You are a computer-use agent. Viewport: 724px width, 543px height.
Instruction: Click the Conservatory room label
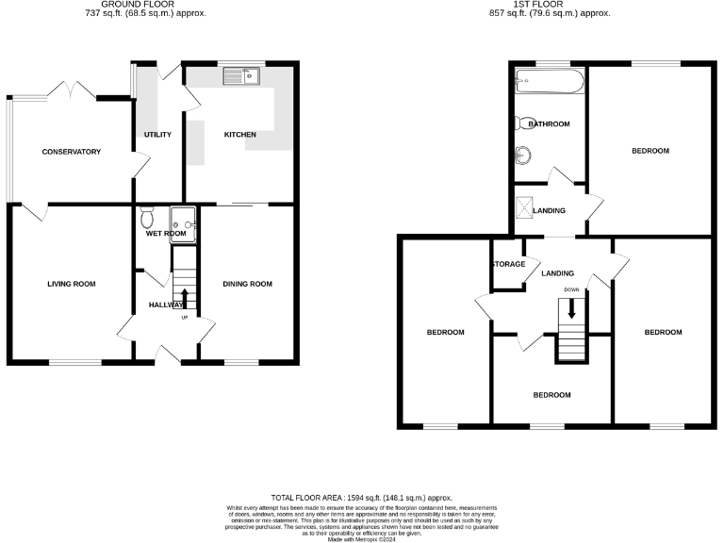pyautogui.click(x=71, y=152)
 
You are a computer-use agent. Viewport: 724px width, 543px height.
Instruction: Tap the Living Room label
pyautogui.click(x=72, y=284)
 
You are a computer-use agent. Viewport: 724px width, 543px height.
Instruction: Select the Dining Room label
pyautogui.click(x=247, y=284)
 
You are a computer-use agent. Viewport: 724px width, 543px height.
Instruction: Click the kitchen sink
pyautogui.click(x=243, y=75)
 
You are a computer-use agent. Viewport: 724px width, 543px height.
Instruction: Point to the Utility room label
pyautogui.click(x=157, y=135)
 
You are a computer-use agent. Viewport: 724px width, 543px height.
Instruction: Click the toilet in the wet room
pyautogui.click(x=147, y=219)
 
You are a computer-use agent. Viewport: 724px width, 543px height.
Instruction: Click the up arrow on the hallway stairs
pyautogui.click(x=184, y=298)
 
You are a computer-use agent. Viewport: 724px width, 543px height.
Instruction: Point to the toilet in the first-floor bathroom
pyautogui.click(x=522, y=123)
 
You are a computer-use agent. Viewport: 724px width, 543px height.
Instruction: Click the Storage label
pyautogui.click(x=509, y=264)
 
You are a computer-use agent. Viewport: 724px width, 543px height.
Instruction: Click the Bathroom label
pyautogui.click(x=549, y=124)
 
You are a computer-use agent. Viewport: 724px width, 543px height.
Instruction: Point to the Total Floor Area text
pyautogui.click(x=362, y=497)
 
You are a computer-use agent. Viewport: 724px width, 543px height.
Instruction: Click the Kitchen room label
pyautogui.click(x=239, y=135)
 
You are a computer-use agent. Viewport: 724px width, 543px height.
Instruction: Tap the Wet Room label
pyautogui.click(x=166, y=233)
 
